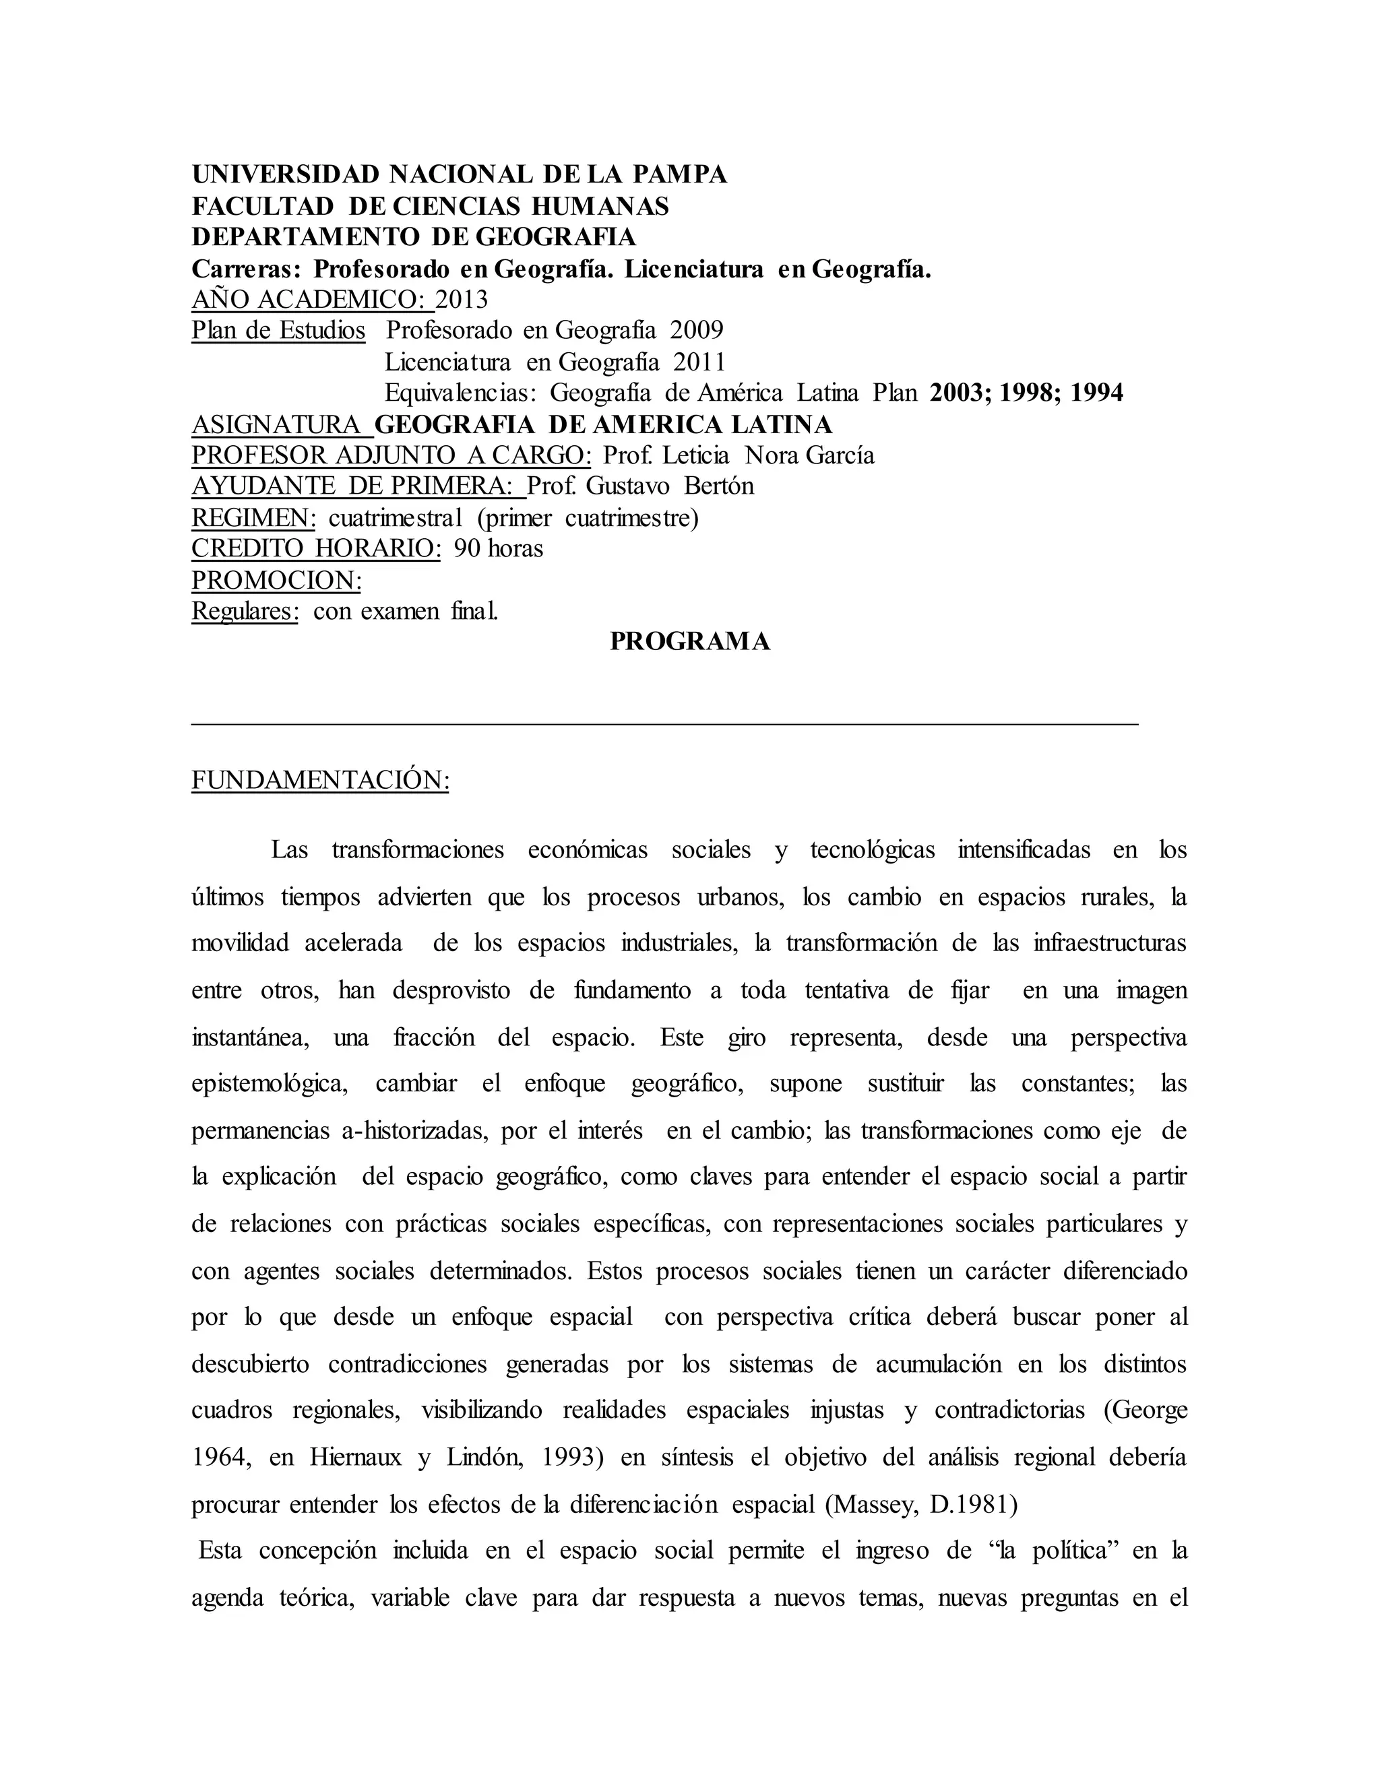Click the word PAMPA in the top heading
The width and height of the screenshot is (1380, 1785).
pos(680,174)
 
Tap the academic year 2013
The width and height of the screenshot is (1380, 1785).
pos(461,299)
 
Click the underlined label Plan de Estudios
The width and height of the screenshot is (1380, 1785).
pos(278,330)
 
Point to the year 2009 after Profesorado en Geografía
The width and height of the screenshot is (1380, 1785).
pos(697,330)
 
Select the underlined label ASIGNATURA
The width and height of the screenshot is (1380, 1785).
pos(277,424)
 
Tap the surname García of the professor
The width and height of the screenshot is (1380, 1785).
pos(840,455)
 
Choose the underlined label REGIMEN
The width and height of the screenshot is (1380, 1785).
pos(253,517)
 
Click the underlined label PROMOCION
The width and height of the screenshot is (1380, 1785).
pos(276,579)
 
